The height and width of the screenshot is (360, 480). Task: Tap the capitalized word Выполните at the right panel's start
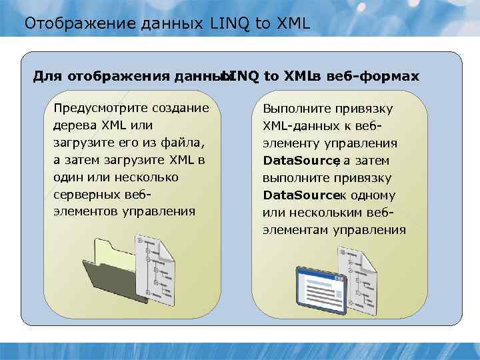pos(297,108)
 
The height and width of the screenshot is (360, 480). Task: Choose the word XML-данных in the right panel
pos(300,125)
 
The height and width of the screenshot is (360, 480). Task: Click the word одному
pos(373,195)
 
